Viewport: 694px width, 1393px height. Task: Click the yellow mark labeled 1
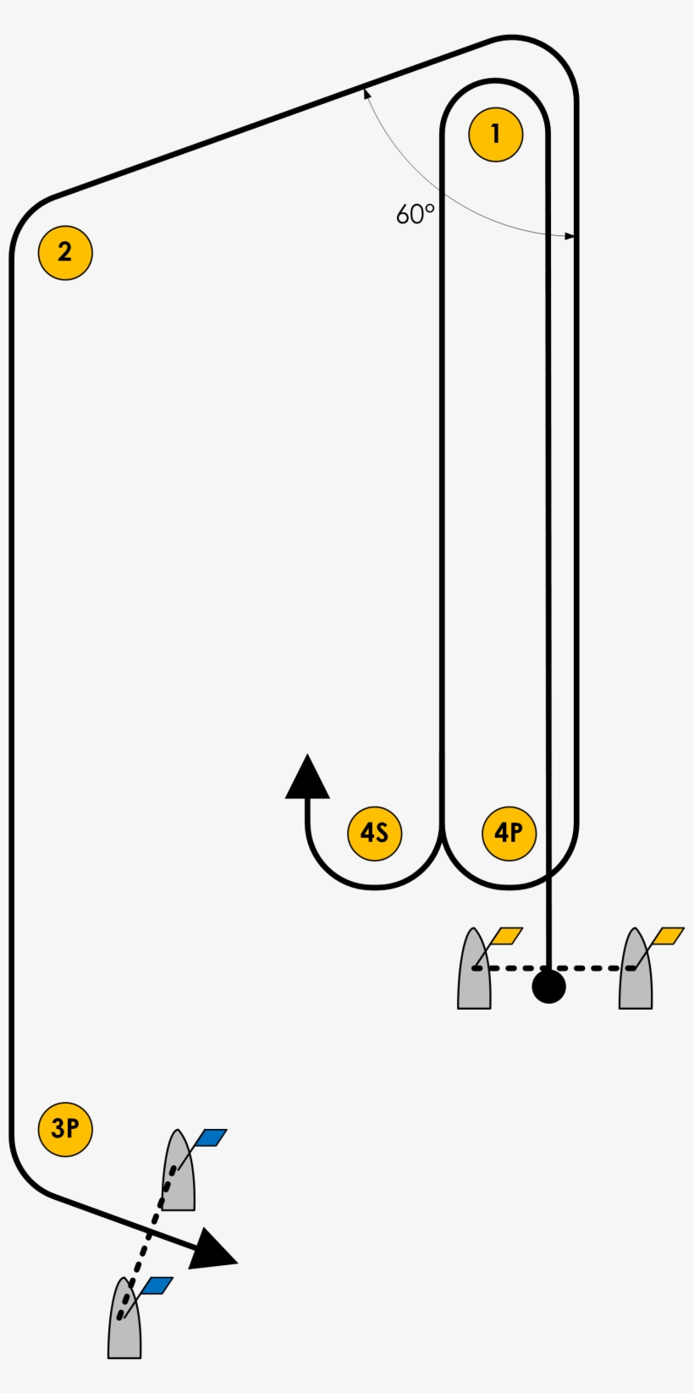(495, 134)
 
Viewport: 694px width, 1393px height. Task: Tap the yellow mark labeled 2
(65, 252)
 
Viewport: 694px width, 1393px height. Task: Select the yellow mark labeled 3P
(65, 1129)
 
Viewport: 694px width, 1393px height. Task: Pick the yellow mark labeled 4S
(374, 834)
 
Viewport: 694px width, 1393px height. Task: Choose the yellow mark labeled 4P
(509, 834)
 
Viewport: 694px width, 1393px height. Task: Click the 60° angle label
(415, 215)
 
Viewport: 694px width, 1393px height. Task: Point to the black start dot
(548, 986)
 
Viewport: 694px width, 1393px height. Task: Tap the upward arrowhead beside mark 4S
(307, 779)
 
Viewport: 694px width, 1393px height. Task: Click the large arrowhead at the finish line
(212, 1250)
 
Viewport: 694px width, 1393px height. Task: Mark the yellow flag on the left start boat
(506, 936)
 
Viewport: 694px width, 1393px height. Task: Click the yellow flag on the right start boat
(668, 936)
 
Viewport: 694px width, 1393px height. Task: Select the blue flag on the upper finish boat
(211, 1137)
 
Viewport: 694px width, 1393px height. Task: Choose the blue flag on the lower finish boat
(157, 1286)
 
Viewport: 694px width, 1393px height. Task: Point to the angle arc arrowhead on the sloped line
(366, 91)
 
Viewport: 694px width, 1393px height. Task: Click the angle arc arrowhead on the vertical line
(570, 236)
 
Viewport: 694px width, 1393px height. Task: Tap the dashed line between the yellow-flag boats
(592, 968)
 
